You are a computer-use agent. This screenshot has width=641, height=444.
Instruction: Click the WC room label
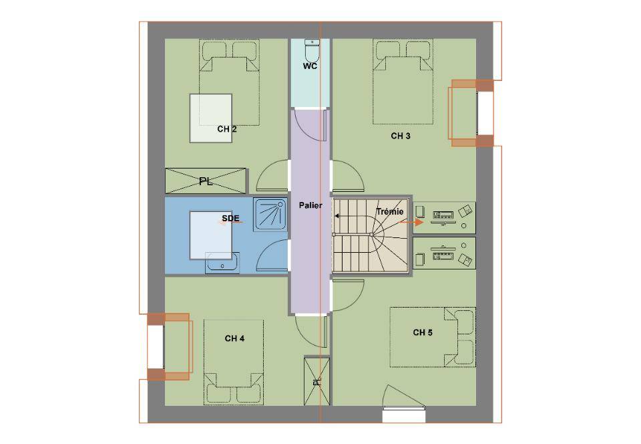click(x=310, y=66)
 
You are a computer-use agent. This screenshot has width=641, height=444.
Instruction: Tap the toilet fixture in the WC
click(x=312, y=50)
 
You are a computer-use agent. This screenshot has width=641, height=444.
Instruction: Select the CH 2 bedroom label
click(x=227, y=129)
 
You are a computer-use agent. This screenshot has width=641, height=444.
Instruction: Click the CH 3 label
click(x=401, y=136)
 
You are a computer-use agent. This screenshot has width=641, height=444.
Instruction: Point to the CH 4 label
click(x=234, y=338)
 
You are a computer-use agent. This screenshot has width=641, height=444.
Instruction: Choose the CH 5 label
click(x=423, y=333)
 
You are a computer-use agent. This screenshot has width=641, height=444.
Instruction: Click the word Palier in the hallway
click(x=310, y=205)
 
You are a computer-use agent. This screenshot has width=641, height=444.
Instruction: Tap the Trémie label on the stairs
click(x=389, y=211)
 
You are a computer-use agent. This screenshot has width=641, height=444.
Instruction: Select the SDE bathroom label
click(x=230, y=219)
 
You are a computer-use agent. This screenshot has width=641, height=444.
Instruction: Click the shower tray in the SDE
click(x=270, y=215)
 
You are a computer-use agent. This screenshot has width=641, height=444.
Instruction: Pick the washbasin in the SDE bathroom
click(x=222, y=262)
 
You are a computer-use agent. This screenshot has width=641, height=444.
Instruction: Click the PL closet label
click(x=206, y=181)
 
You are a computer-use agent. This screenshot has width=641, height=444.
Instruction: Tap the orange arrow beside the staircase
click(x=411, y=222)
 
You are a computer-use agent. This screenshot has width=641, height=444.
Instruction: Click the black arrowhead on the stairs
click(x=337, y=216)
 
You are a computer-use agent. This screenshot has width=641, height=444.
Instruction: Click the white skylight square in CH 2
click(x=211, y=118)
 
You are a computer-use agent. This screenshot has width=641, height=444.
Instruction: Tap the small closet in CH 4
click(x=316, y=381)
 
